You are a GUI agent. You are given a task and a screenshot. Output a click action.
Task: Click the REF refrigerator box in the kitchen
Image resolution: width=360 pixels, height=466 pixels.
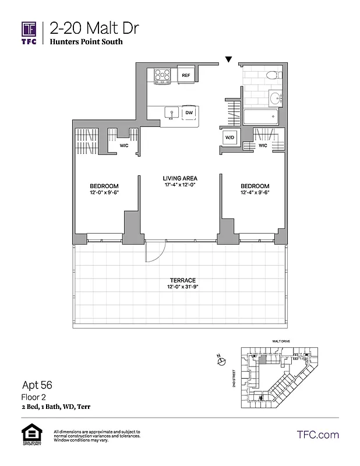186,76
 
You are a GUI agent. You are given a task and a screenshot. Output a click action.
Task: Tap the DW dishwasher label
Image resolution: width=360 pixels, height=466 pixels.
189,114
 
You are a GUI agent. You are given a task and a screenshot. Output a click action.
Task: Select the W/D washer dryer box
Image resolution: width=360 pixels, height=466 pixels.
228,138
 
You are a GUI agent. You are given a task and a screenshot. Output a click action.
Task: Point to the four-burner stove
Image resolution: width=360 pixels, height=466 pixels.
161,75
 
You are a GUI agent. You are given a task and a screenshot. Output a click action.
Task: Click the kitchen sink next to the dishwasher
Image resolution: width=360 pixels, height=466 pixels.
171,113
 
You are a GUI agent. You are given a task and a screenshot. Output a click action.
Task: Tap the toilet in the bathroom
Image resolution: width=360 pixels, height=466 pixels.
271,76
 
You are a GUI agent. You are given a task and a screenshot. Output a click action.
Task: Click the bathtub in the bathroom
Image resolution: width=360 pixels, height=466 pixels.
261,117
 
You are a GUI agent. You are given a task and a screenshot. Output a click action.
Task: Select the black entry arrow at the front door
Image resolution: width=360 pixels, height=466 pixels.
230,59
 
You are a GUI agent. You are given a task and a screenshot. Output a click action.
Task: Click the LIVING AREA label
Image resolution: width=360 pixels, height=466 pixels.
180,178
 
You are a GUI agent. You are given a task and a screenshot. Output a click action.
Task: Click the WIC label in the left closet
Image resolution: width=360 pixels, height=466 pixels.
123,145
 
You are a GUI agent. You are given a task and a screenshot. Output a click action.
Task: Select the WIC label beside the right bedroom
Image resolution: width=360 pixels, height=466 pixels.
263,145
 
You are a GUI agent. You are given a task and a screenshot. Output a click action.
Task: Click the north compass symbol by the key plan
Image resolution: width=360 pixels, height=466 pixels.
221,362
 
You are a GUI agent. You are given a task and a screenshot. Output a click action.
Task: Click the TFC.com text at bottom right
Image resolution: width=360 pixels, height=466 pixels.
317,435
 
